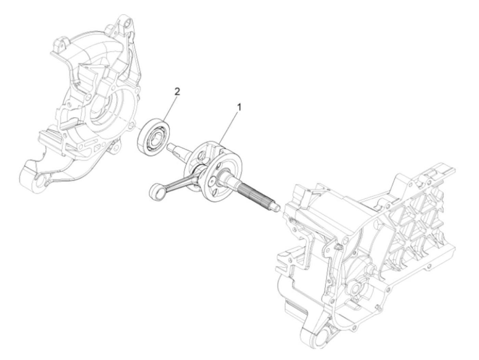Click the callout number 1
pos(239,107)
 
